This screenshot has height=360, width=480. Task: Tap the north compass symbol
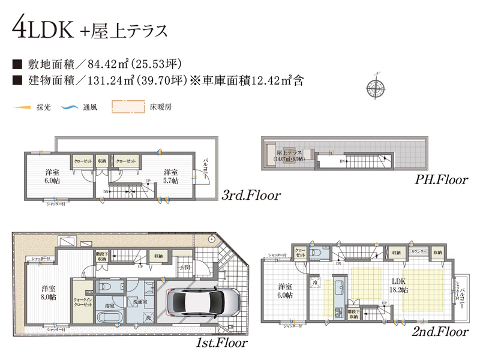(x=376, y=88)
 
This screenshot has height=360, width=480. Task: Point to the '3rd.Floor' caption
(x=251, y=196)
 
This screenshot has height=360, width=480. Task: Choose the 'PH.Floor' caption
(x=440, y=179)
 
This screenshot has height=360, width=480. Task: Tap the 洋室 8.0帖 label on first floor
(x=49, y=292)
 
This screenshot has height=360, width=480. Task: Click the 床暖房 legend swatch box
(x=128, y=107)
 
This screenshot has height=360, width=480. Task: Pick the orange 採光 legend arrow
(x=22, y=107)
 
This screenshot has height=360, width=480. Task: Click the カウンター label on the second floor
(x=418, y=252)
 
